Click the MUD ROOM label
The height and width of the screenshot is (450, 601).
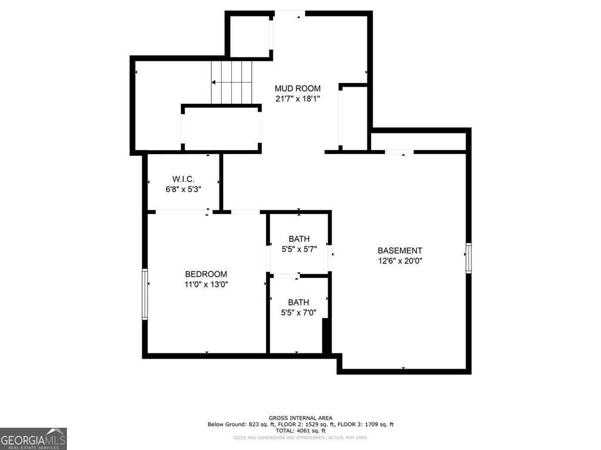coord(298,89)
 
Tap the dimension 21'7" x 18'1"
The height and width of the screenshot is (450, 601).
coord(298,99)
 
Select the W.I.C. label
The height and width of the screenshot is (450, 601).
coord(183,179)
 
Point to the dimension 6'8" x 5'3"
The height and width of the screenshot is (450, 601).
coord(183,189)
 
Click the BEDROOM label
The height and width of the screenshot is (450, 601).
coord(206,274)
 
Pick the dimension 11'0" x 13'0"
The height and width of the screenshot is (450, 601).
coord(206,285)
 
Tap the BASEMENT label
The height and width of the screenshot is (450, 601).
coord(400,251)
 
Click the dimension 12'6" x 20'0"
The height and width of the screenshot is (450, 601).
coord(400,261)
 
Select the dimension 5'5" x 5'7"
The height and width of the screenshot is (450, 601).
coord(299,249)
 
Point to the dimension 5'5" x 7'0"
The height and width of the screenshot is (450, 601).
coord(299,313)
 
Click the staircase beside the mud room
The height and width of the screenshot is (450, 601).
coord(231,82)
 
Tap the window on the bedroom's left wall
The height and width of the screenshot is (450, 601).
coord(145,294)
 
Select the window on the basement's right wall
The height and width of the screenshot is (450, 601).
coord(468,258)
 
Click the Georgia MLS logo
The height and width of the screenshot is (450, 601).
coord(33,439)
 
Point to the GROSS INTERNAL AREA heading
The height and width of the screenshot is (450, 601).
coord(300,418)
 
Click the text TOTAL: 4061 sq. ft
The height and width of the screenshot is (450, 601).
coord(300,431)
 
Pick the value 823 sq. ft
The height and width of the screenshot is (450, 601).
coord(259,424)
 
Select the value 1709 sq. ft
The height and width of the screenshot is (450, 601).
coord(377,424)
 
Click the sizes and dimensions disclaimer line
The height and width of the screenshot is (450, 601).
coord(300,438)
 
